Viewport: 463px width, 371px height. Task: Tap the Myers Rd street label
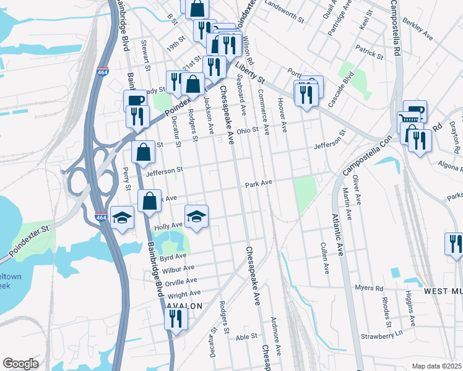pos(370,288)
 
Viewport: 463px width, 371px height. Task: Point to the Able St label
pos(246,336)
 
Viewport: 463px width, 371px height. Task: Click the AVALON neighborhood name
pos(184,306)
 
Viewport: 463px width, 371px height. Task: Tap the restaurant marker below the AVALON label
pos(176,319)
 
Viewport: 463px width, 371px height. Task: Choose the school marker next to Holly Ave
pos(197,216)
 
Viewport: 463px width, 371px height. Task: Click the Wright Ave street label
pos(184,294)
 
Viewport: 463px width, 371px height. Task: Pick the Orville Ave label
pos(181,280)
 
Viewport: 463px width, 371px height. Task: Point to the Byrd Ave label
pos(173,256)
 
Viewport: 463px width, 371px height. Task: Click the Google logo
pos(20,364)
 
